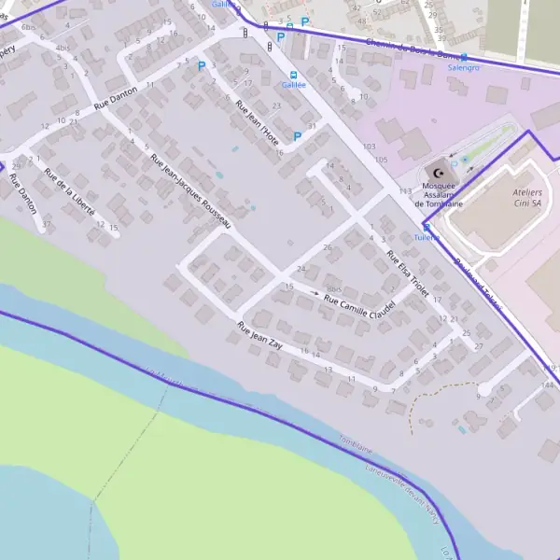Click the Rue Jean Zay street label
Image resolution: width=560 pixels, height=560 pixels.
tap(260, 336)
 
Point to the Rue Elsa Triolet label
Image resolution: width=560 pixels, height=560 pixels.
tap(407, 274)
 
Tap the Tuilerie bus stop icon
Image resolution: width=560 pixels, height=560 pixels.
tap(427, 227)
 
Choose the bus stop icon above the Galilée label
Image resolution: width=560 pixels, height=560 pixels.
tap(293, 76)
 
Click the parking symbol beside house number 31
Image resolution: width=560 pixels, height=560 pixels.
tap(298, 136)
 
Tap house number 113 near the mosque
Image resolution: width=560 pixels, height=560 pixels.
tap(405, 190)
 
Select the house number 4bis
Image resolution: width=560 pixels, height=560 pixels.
tap(63, 47)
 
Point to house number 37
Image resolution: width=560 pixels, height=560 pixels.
tap(46, 225)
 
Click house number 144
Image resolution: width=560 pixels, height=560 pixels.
tap(549, 384)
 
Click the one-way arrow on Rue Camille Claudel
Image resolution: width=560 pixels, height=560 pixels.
tap(313, 293)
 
